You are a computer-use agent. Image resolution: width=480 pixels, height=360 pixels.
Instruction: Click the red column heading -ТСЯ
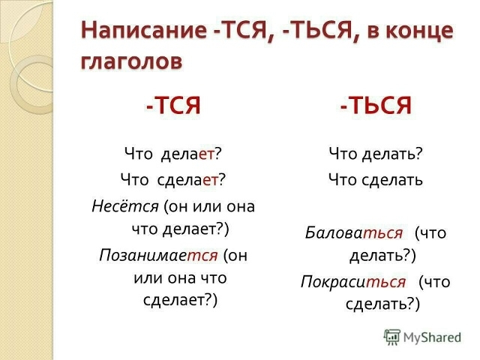tap(173, 106)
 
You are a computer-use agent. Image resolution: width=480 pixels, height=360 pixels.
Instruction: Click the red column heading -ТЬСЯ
tap(375, 106)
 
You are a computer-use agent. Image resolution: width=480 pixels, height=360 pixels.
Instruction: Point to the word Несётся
tap(124, 205)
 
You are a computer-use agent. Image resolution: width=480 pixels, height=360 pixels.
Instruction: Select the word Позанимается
tap(158, 255)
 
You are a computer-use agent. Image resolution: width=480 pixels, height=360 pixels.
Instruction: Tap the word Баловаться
tap(355, 232)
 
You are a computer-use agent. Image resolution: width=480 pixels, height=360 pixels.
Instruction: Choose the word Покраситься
tap(353, 282)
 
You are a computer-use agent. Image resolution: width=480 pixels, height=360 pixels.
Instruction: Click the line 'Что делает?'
tap(174, 154)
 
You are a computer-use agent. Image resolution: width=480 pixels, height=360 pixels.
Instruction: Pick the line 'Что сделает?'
tap(173, 180)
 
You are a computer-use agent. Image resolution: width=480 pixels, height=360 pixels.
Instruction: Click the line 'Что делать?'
tap(376, 154)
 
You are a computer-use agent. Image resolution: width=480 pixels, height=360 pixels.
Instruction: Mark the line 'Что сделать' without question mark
tap(376, 180)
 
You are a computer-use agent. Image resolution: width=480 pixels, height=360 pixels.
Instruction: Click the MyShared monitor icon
tap(392, 337)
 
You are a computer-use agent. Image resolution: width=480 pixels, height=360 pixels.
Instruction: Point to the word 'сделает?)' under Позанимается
tap(180, 300)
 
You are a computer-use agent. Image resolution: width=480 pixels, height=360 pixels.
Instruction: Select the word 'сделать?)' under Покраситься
tap(382, 304)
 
